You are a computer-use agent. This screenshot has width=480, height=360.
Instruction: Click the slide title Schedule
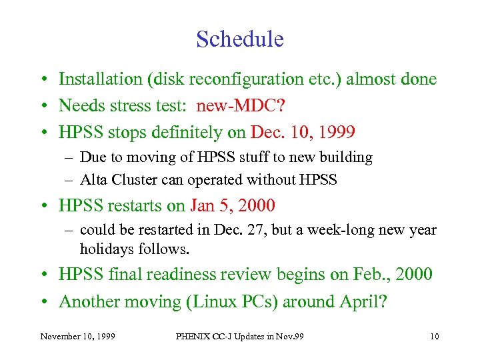point(240,39)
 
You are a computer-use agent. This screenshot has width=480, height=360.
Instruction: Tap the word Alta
point(91,179)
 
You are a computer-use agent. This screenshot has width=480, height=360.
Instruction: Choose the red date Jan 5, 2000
point(233,205)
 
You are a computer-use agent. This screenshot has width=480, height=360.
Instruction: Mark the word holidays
point(105,249)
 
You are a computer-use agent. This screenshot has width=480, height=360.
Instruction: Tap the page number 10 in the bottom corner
point(434,337)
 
